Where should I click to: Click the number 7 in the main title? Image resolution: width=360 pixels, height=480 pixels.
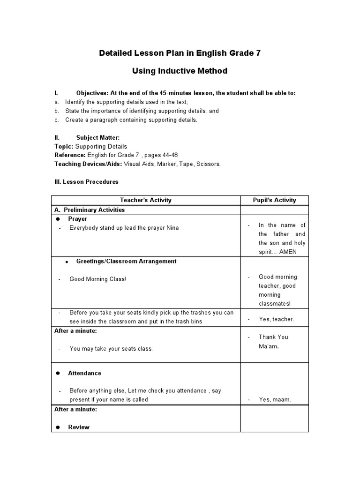pyautogui.click(x=258, y=53)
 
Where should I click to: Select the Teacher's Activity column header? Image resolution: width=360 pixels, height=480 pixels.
pyautogui.click(x=146, y=200)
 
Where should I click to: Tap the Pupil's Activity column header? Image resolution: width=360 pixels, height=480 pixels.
pyautogui.click(x=274, y=200)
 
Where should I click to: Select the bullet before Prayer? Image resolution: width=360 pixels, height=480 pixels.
pyautogui.click(x=58, y=219)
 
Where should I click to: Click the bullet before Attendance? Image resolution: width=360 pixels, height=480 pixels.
pyautogui.click(x=58, y=373)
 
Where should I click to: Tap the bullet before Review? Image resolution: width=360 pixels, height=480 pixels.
pyautogui.click(x=58, y=427)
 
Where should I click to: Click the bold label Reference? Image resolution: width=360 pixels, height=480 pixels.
pyautogui.click(x=70, y=155)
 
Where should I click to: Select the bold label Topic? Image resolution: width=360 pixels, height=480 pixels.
pyautogui.click(x=64, y=146)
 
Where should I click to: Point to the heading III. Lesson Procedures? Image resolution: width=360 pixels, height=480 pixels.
pyautogui.click(x=86, y=181)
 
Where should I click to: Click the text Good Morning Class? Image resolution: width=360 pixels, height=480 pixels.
pyautogui.click(x=97, y=279)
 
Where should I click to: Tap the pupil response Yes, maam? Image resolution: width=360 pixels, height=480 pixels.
pyautogui.click(x=275, y=400)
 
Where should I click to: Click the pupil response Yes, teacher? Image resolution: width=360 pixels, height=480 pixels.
pyautogui.click(x=277, y=319)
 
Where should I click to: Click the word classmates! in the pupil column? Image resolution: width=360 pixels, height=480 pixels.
pyautogui.click(x=275, y=304)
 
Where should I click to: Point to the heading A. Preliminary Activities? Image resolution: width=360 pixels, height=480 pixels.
pyautogui.click(x=90, y=210)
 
